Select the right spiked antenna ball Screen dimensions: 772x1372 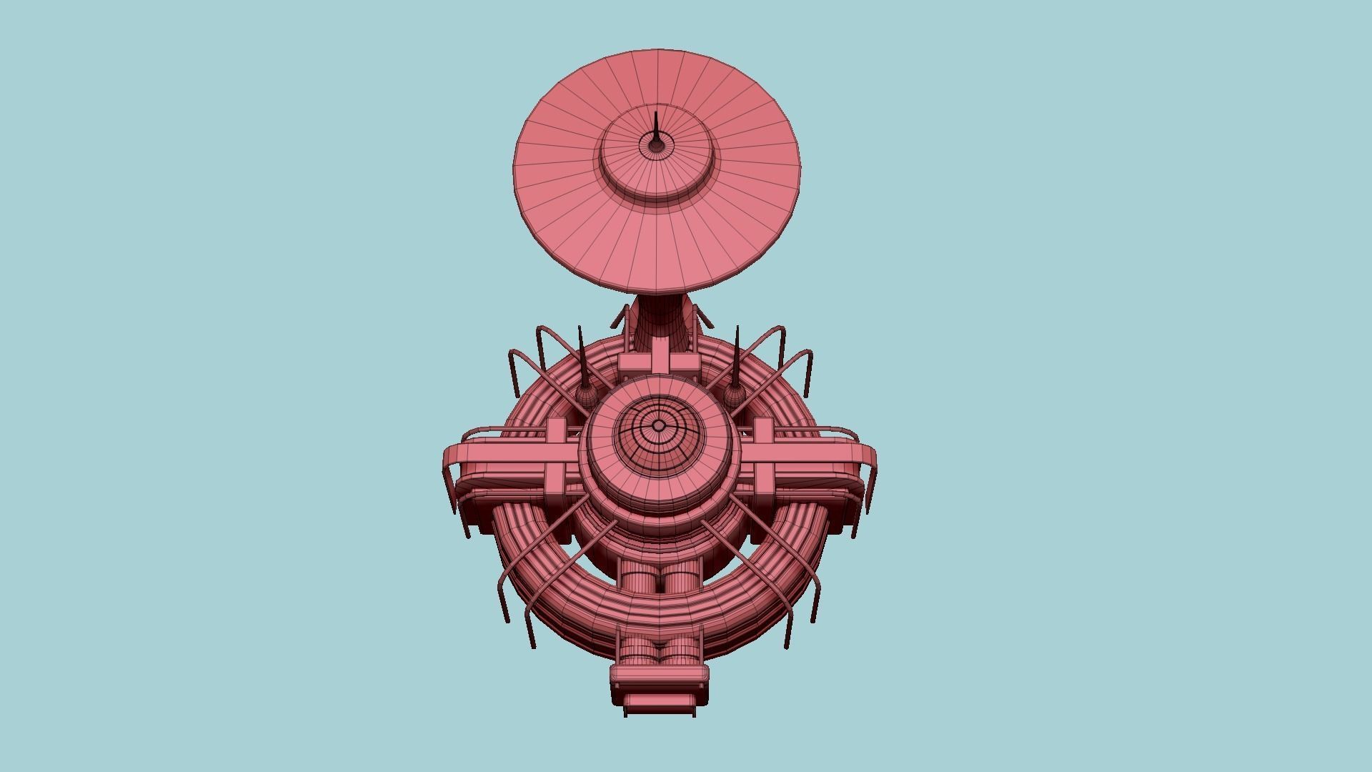733,395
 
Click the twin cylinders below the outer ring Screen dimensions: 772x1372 659,650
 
